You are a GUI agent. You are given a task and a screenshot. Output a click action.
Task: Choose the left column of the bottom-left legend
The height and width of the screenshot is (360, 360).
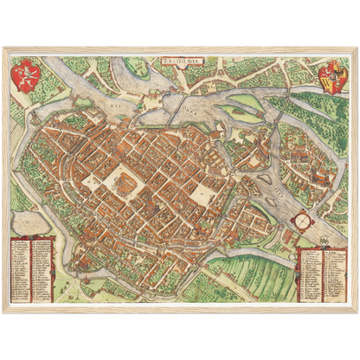coord(22,267)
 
